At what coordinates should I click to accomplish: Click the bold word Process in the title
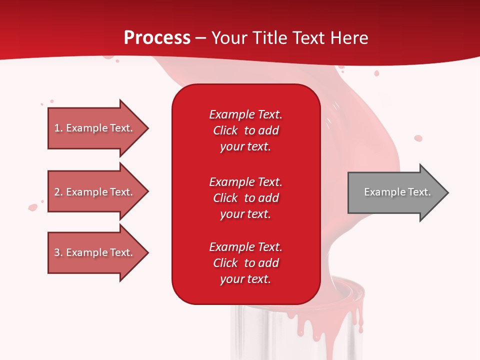157,37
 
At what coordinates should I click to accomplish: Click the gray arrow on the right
395,192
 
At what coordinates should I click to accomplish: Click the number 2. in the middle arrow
58,192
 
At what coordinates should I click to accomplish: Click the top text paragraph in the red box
245,130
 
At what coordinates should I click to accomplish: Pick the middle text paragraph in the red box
245,198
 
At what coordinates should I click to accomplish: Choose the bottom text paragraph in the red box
245,263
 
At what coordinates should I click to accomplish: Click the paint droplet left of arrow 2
33,206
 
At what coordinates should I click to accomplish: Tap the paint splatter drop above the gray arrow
418,138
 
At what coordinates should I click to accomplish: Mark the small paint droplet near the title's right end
376,73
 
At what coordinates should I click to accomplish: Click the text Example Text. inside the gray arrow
397,192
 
